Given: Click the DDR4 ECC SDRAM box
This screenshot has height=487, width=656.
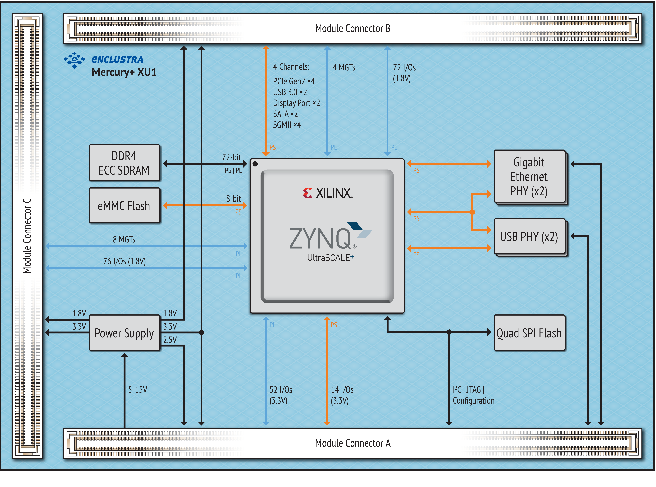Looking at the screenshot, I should [x=124, y=163].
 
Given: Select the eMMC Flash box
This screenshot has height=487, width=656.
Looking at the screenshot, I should [x=124, y=205].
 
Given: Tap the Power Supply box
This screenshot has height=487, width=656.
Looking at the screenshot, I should [x=124, y=333].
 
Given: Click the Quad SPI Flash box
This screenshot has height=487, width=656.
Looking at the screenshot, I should [x=529, y=333].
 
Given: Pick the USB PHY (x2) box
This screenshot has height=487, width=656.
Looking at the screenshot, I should [x=529, y=236].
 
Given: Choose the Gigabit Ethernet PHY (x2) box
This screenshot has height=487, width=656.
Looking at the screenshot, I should [x=529, y=176].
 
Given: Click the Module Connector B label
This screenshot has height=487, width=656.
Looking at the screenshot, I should [x=353, y=29].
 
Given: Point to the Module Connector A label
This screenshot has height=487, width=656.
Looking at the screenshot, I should [x=353, y=443].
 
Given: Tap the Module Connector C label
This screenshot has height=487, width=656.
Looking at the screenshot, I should [x=27, y=236].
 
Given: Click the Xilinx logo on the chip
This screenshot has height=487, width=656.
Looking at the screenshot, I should [x=328, y=193].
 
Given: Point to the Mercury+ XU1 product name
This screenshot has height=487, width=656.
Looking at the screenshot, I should [x=124, y=72].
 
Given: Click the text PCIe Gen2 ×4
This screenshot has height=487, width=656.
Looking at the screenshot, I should [x=294, y=81].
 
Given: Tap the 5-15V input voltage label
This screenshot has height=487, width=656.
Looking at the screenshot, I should [x=137, y=390].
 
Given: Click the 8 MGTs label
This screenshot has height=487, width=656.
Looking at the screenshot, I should [x=124, y=239].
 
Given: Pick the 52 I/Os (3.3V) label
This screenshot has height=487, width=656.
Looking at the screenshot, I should [x=281, y=395].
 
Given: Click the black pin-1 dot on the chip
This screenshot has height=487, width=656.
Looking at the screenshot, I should [x=255, y=164].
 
